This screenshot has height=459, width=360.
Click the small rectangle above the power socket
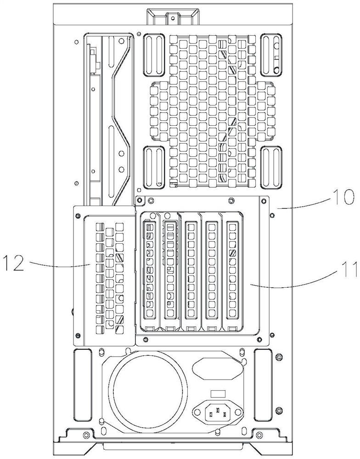coord(218,394)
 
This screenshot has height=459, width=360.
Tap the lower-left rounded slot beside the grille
coord(154,167)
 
